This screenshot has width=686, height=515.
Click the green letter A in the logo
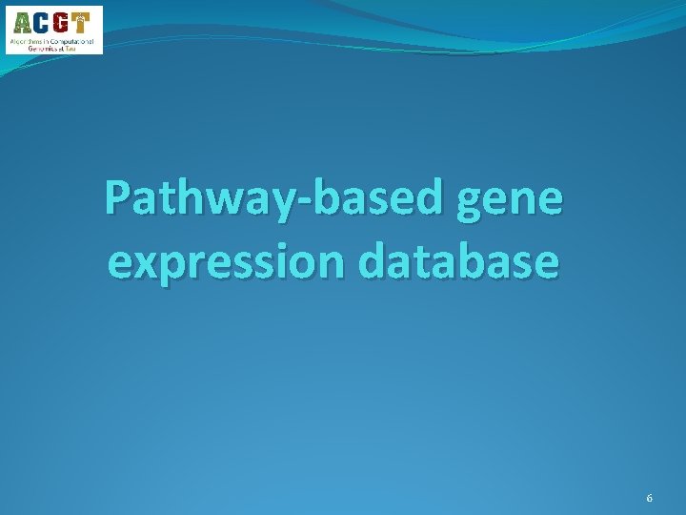tap(22, 23)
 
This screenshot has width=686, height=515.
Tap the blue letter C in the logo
tap(43, 23)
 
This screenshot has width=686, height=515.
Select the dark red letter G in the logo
tap(63, 23)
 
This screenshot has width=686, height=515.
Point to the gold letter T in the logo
tap(84, 23)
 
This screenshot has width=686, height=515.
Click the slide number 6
tap(649, 499)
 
